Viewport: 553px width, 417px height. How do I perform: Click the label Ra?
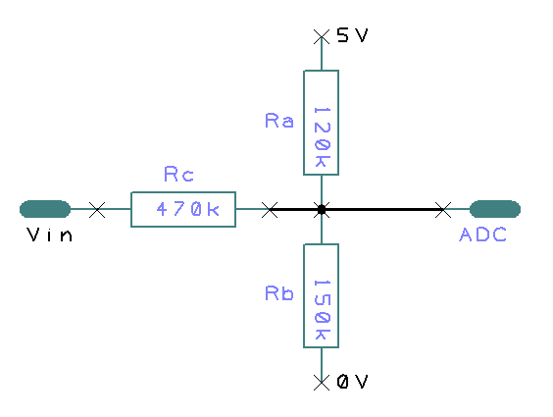[279, 121]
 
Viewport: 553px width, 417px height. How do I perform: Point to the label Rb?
[279, 293]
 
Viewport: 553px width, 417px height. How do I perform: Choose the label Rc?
[178, 176]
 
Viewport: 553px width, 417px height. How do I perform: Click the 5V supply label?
[352, 35]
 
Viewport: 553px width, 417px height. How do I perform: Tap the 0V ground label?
[352, 382]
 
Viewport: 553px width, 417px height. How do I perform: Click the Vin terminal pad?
[45, 208]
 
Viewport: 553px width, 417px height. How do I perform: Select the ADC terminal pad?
[495, 208]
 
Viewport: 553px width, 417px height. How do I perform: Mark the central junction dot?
[321, 209]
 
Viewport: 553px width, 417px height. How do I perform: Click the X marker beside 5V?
[321, 36]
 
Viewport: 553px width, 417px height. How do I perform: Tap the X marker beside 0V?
[321, 382]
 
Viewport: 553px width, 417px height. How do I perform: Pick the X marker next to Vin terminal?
[97, 209]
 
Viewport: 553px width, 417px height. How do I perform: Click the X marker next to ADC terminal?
[443, 209]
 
